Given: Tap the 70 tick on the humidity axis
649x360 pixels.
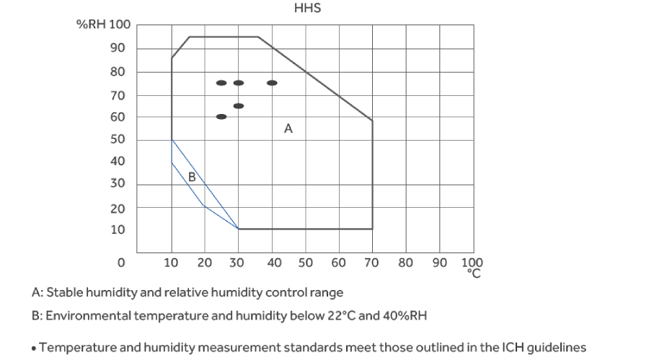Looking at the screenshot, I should (117, 95).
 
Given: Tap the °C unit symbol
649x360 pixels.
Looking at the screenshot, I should (474, 273).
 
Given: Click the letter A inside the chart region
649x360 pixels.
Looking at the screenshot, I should (288, 129).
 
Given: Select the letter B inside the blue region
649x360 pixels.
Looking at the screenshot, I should (192, 177).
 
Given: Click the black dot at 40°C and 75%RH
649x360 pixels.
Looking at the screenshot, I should (272, 83).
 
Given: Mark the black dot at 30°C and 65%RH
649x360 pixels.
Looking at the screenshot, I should (238, 106).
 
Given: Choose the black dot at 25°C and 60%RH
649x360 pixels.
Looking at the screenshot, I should (221, 117).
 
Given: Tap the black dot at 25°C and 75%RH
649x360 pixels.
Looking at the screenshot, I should (221, 83).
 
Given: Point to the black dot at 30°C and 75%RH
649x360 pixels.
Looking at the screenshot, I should (238, 83).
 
